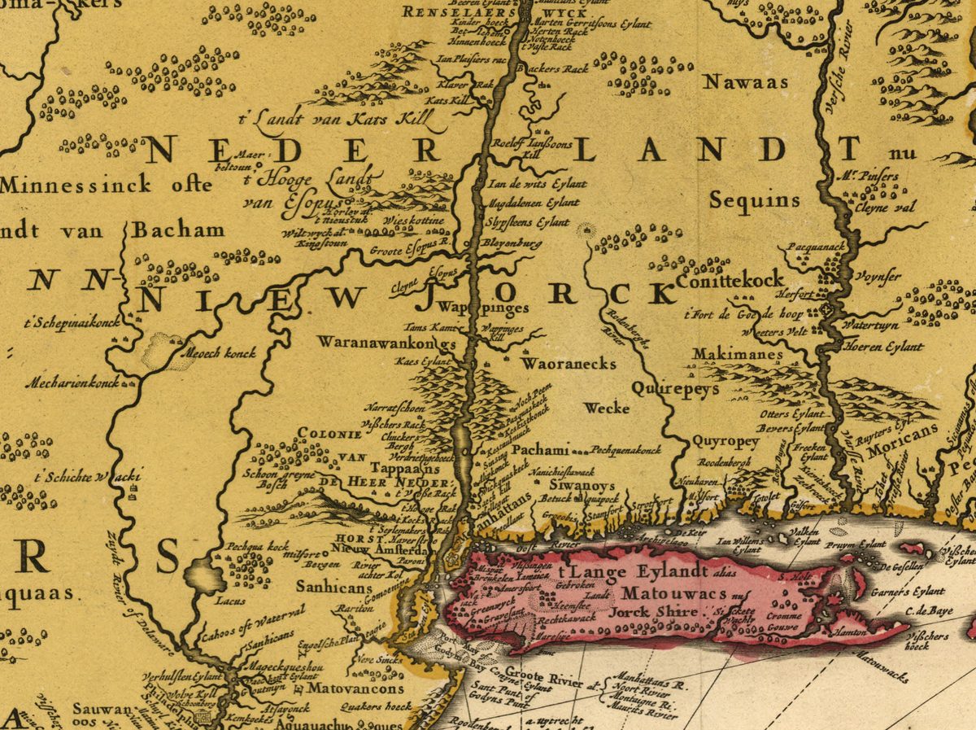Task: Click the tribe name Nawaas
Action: coord(746,82)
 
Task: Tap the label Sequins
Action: coord(753,200)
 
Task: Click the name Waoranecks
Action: coord(569,364)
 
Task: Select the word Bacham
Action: coord(178,229)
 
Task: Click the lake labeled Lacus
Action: coord(206,576)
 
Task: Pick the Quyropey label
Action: coord(725,442)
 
